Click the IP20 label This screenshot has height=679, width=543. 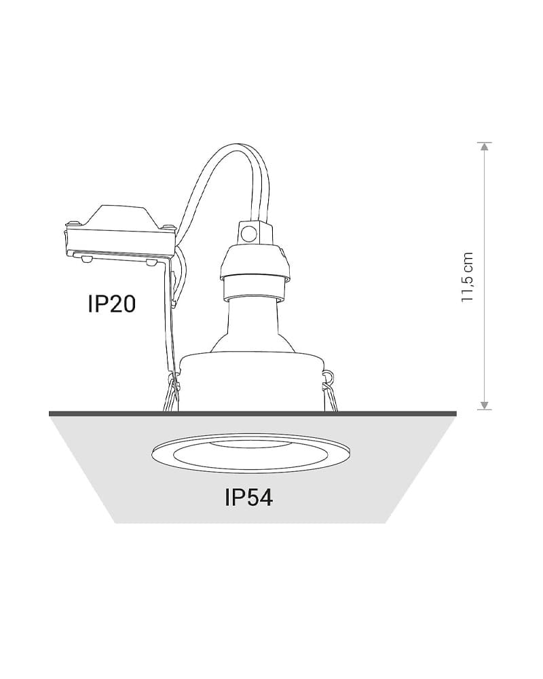(112, 304)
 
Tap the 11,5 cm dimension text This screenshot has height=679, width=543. (468, 277)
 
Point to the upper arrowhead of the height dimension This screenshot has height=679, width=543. (485, 147)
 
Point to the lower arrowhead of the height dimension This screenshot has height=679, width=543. (485, 405)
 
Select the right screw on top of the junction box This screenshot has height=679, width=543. (167, 226)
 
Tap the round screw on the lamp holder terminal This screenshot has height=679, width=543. (248, 234)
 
